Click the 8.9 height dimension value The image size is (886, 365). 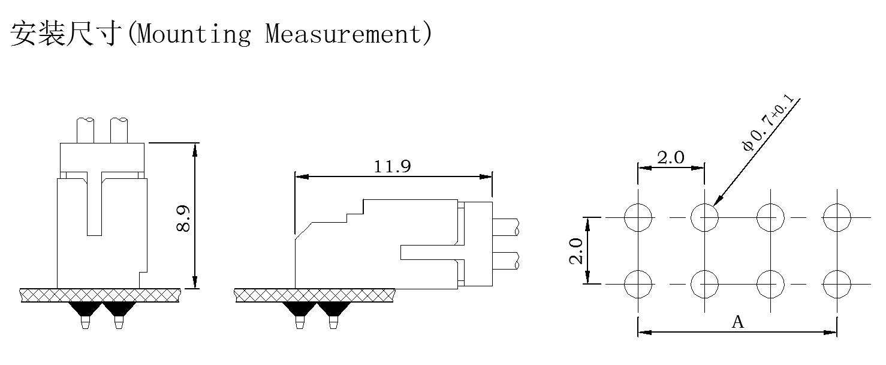tap(184, 218)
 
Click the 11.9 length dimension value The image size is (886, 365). tap(392, 166)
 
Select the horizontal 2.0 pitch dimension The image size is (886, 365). tap(670, 158)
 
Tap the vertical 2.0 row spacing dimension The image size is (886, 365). tap(576, 250)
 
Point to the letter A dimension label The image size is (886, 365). tap(738, 322)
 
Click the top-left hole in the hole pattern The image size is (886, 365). tap(638, 217)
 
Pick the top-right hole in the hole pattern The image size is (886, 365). tap(837, 217)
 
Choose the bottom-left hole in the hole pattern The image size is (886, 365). tap(638, 283)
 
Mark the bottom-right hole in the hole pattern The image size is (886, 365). tap(837, 283)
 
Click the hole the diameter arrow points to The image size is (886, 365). tap(705, 217)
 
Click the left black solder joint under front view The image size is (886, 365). tap(85, 309)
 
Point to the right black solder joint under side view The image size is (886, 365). tap(333, 309)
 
